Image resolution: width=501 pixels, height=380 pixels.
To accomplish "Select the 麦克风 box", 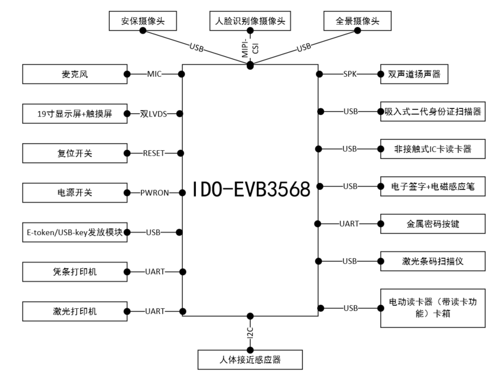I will (x=75, y=74).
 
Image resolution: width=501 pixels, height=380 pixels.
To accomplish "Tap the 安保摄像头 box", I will (x=143, y=22).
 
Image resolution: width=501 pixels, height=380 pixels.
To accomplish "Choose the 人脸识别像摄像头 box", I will (x=250, y=22).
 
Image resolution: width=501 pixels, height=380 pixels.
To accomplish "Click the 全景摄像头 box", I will (x=358, y=22).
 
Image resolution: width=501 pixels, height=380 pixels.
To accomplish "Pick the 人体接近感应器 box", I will (x=250, y=359).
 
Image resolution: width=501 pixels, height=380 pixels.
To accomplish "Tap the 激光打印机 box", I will (x=75, y=311).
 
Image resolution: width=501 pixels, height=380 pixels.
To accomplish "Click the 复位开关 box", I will (x=75, y=154).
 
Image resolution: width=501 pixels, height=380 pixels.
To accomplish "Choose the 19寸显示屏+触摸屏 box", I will (x=75, y=114).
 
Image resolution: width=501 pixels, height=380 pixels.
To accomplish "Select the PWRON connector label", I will (x=154, y=193).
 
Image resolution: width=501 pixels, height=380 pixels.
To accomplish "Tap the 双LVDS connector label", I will (x=154, y=114).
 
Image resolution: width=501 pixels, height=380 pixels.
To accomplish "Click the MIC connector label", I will (x=154, y=74).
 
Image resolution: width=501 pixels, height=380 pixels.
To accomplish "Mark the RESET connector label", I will (x=154, y=154).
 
